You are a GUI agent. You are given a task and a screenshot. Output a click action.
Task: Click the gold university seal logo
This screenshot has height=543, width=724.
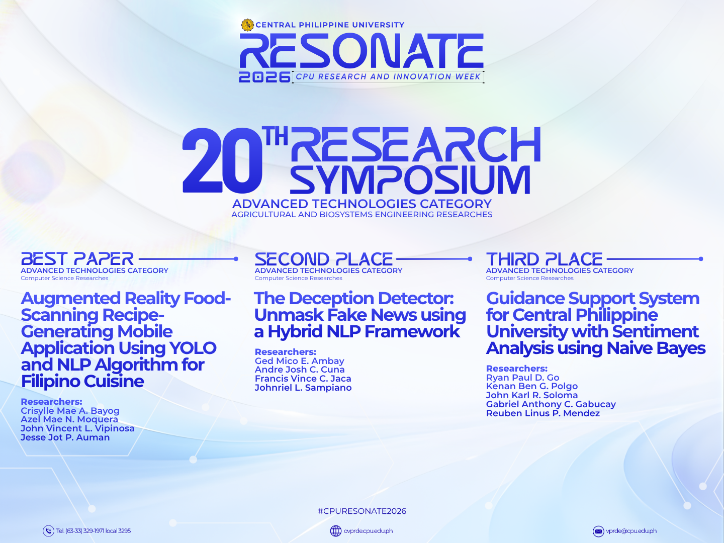pos(247,25)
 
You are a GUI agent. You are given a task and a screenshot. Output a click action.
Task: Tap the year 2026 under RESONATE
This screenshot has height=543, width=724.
pos(264,77)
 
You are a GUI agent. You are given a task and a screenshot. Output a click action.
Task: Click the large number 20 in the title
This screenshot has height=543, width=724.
pos(222,160)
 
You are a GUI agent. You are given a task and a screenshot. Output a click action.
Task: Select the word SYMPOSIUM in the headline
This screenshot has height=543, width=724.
pos(410,180)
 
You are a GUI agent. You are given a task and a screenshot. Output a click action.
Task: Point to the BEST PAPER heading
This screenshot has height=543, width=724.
pos(77,259)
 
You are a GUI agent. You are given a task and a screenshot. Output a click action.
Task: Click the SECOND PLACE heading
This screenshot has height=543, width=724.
pos(324,259)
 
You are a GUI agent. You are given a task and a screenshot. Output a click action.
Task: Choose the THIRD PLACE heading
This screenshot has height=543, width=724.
pos(544,259)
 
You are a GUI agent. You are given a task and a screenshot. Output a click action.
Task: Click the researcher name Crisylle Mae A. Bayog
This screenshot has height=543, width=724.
pos(70,411)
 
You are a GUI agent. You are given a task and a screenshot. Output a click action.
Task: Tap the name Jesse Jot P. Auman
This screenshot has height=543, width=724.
pos(65,437)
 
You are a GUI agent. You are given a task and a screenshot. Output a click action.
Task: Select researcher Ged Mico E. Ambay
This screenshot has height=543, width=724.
pos(300,361)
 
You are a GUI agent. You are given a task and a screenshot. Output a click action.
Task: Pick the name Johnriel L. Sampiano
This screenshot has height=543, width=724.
pos(303,388)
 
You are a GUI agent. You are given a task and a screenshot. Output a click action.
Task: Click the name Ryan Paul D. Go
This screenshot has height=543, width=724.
pos(523,378)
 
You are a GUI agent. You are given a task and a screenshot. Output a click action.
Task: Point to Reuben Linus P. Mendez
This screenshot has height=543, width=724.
pos(543,413)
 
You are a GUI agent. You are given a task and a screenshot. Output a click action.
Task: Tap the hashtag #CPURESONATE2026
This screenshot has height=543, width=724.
pos(362,511)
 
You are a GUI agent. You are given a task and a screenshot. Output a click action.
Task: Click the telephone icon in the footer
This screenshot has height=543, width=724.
pos(48,531)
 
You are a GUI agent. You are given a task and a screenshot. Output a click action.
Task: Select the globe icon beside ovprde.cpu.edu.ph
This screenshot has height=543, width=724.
pos(336,531)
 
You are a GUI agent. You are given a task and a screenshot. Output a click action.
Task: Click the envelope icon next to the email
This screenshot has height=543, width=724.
pos(598,531)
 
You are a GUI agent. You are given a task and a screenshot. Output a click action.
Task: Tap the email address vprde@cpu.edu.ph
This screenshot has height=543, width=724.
pos(631,531)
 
